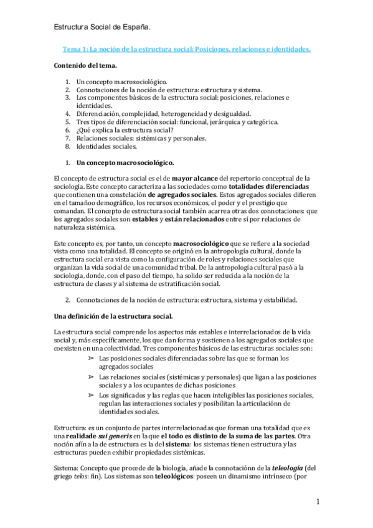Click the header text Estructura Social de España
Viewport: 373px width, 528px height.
coord(102,28)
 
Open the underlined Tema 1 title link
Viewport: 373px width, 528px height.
coord(187,49)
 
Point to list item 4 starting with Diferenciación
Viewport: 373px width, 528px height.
coord(163,114)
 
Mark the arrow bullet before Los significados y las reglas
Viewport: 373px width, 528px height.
coord(91,395)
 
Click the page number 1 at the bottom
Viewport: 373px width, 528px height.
coord(318,502)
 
